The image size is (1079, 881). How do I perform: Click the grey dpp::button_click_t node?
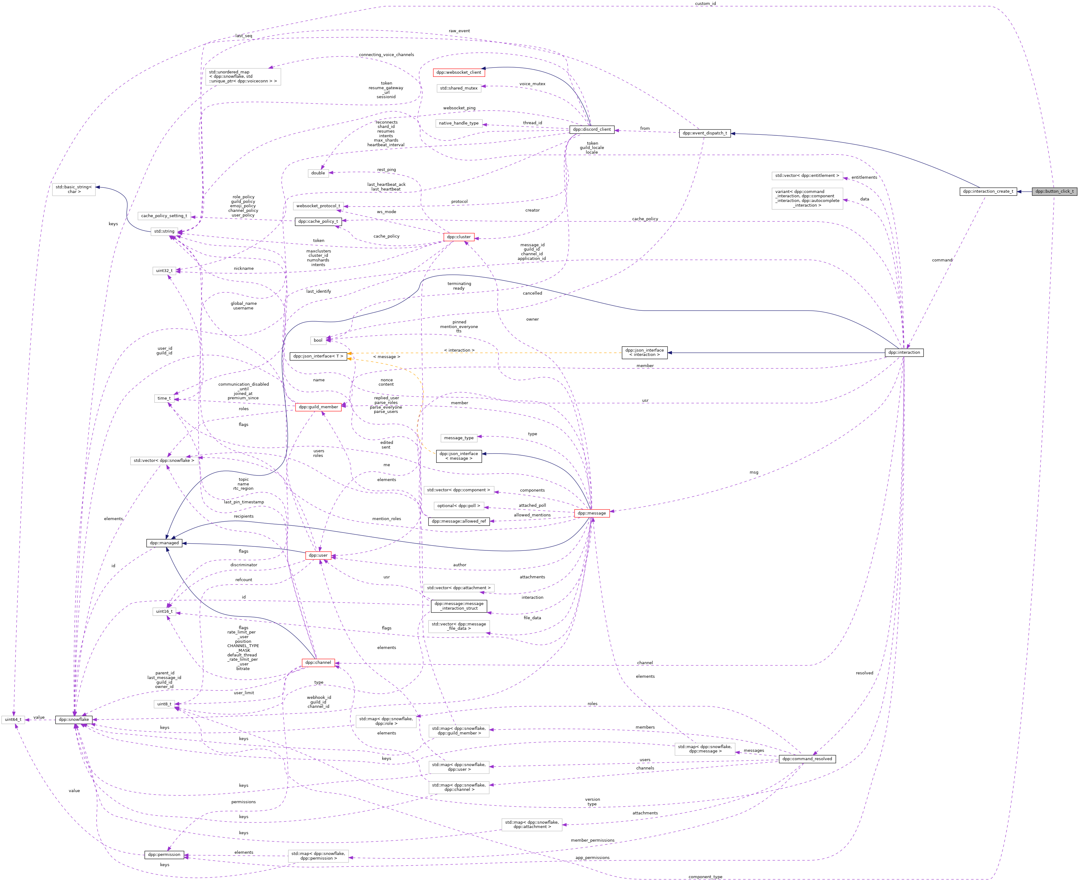tap(1054, 191)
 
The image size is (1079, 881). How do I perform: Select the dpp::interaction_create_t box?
tap(988, 191)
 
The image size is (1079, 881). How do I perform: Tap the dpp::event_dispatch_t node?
tap(704, 133)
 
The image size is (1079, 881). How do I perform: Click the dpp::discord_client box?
tap(591, 129)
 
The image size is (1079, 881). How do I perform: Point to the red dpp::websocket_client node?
tap(458, 72)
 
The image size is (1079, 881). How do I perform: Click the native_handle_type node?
tap(458, 123)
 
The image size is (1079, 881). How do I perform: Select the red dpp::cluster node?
tap(458, 237)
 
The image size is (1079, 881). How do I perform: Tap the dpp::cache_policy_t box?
tap(318, 221)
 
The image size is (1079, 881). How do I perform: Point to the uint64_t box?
tap(13, 720)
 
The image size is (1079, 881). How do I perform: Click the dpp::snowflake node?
tap(74, 720)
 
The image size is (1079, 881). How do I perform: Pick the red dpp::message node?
tap(591, 513)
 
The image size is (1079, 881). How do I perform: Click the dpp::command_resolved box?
tap(806, 759)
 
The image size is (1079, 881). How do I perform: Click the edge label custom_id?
tap(705, 3)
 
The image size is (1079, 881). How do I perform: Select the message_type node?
tap(458, 438)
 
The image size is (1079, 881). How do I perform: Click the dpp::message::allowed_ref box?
tap(458, 521)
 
